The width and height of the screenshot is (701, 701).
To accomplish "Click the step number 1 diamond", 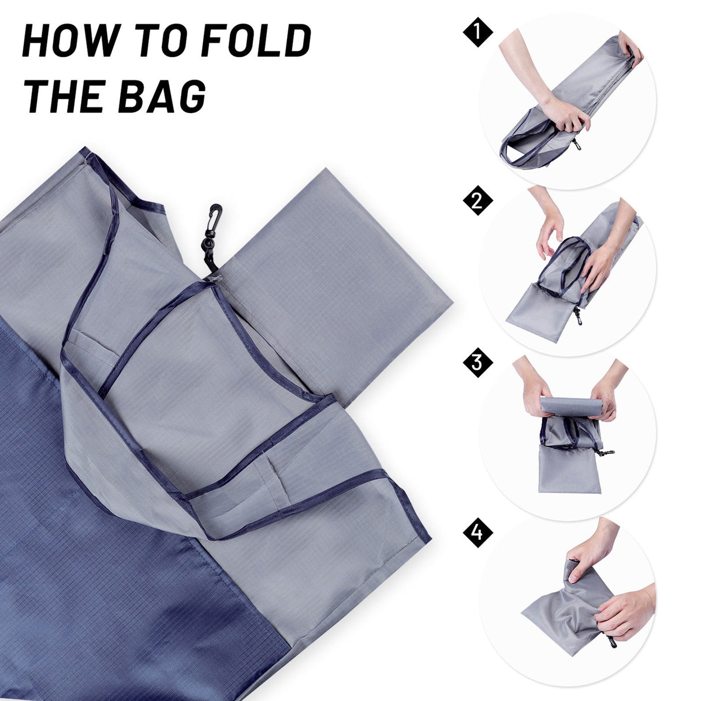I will (478, 33).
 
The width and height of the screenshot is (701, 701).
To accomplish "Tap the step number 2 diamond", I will (478, 200).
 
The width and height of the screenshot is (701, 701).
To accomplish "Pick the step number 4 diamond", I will (478, 532).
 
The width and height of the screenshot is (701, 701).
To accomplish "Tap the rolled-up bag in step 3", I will (570, 406).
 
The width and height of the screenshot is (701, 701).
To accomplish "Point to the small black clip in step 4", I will (611, 641).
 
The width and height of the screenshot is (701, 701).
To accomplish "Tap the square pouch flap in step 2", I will (534, 315).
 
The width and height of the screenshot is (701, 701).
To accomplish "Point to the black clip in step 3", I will (604, 452).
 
